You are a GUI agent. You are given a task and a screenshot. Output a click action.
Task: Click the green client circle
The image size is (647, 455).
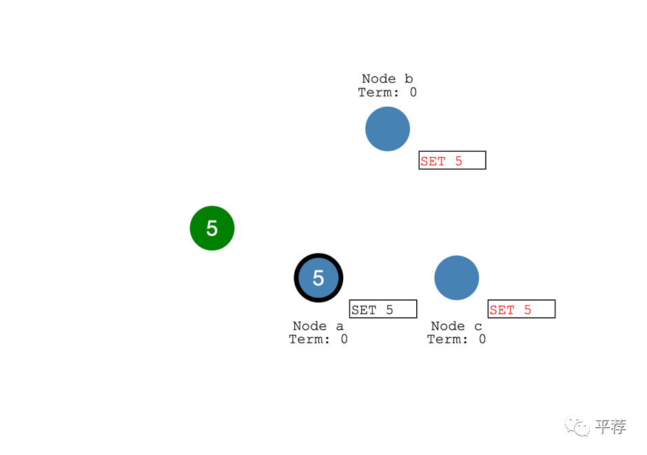click(x=212, y=228)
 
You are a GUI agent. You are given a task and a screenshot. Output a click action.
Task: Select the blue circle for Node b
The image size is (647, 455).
click(x=387, y=129)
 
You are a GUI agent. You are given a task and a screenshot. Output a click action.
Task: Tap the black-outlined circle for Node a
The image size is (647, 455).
click(x=318, y=278)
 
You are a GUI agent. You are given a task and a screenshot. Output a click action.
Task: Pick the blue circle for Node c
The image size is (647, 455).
click(x=456, y=278)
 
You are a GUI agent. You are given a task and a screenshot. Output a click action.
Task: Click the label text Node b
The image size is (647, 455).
click(x=387, y=79)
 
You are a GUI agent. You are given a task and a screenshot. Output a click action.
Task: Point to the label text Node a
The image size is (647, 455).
click(x=318, y=326)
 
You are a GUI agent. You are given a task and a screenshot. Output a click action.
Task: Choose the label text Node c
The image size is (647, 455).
click(x=456, y=326)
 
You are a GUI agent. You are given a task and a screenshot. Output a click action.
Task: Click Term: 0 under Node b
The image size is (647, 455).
click(x=387, y=92)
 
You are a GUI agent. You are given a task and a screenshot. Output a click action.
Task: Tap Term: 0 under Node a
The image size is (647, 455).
click(x=318, y=339)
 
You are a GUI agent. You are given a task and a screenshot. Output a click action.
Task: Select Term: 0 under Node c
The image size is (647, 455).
click(x=456, y=339)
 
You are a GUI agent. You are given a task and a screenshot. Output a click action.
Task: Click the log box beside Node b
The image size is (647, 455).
click(x=452, y=160)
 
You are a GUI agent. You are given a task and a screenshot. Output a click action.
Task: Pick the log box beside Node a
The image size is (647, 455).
click(x=383, y=309)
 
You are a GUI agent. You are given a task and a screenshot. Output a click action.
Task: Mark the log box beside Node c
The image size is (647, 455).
click(x=521, y=309)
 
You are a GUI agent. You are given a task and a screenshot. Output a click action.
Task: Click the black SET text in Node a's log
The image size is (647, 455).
click(x=364, y=310)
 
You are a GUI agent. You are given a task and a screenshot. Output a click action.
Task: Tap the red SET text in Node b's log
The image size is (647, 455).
click(x=433, y=161)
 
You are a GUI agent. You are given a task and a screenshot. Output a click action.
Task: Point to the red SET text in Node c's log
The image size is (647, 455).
click(x=502, y=310)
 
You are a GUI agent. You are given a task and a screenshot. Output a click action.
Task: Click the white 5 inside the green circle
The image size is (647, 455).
click(x=212, y=228)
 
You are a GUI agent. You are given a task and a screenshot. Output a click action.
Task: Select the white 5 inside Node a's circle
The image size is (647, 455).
click(x=318, y=278)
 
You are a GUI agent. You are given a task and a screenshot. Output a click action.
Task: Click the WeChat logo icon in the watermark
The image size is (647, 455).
click(x=577, y=427)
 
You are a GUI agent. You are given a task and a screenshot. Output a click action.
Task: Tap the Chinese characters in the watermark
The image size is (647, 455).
click(x=610, y=427)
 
